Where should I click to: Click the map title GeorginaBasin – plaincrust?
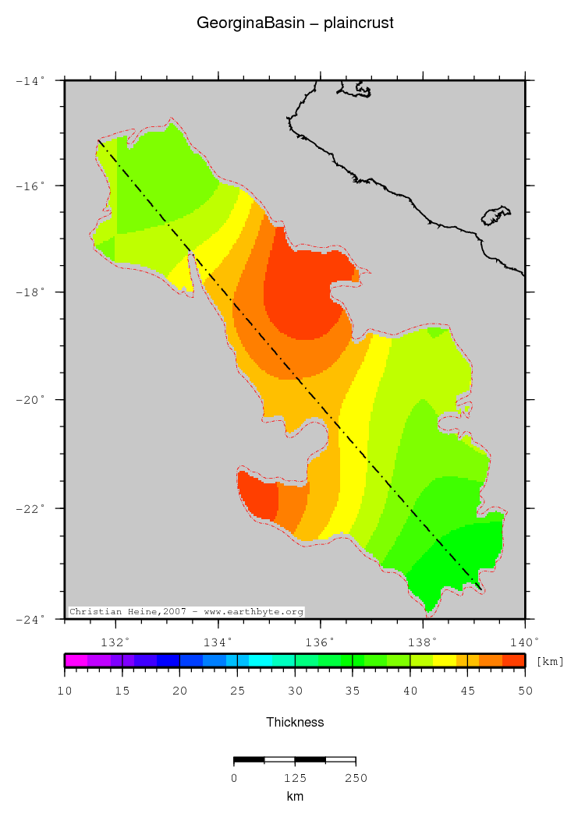pyautogui.click(x=295, y=23)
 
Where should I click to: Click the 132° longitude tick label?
pyautogui.click(x=115, y=642)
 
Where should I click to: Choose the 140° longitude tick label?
pyautogui.click(x=524, y=642)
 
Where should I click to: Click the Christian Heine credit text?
pyautogui.click(x=186, y=612)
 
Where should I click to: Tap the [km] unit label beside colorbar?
pyautogui.click(x=550, y=661)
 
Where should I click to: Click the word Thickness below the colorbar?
pyautogui.click(x=295, y=722)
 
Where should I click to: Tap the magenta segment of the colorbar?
pyautogui.click(x=76, y=660)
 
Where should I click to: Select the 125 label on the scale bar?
pyautogui.click(x=295, y=778)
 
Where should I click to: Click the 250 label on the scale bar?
pyautogui.click(x=356, y=778)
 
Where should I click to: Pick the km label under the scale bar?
pyautogui.click(x=295, y=797)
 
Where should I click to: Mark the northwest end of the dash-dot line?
pyautogui.click(x=98, y=141)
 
